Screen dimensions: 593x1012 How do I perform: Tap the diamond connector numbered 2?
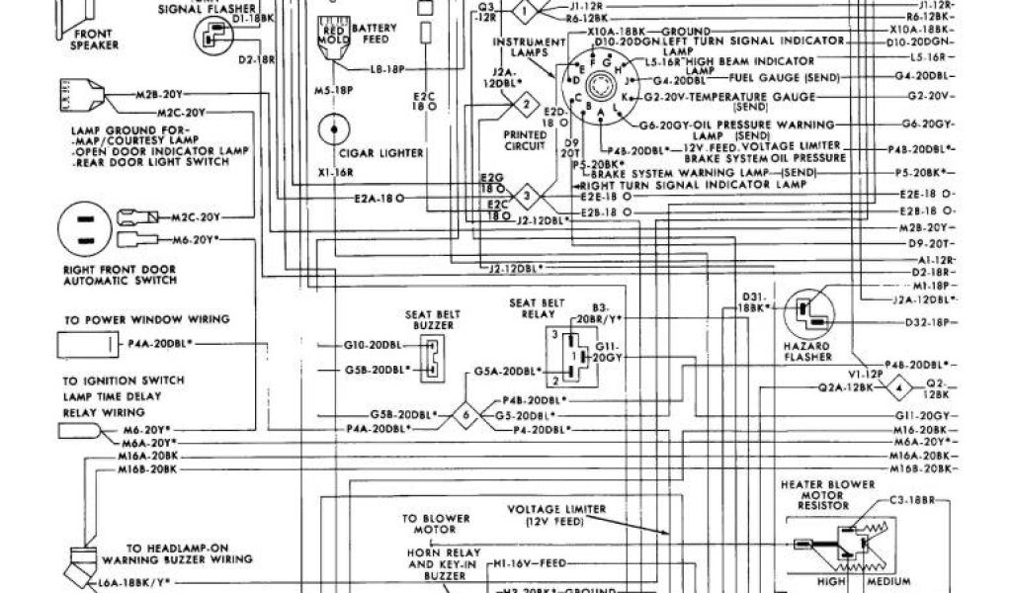click(x=529, y=104)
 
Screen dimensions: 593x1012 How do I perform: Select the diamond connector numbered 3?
click(x=529, y=194)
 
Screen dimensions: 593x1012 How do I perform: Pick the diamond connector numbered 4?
click(x=898, y=383)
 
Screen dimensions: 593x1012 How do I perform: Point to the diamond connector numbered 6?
click(x=465, y=416)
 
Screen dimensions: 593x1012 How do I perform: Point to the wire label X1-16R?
click(x=336, y=171)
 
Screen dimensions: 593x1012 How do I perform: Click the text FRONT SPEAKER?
click(x=96, y=39)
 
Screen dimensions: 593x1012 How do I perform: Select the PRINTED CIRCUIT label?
click(x=525, y=140)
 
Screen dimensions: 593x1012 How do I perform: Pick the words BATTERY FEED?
click(x=373, y=35)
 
